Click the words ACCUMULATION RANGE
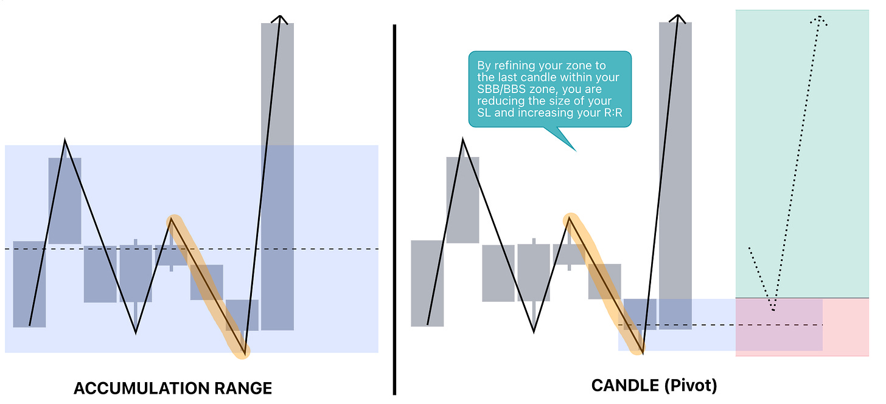(173, 388)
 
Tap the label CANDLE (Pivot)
(654, 385)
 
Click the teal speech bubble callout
(549, 89)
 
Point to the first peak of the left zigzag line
(65, 141)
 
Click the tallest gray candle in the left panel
(277, 176)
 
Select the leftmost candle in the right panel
(427, 283)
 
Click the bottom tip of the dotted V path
(773, 310)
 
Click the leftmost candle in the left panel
(29, 284)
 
